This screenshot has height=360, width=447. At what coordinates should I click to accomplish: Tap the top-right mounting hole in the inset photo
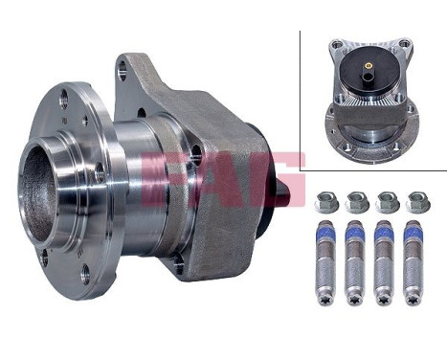pos(404,44)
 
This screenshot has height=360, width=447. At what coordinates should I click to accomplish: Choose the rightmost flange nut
pos(417,201)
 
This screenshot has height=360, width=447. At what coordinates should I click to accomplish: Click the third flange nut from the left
pos(388,201)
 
